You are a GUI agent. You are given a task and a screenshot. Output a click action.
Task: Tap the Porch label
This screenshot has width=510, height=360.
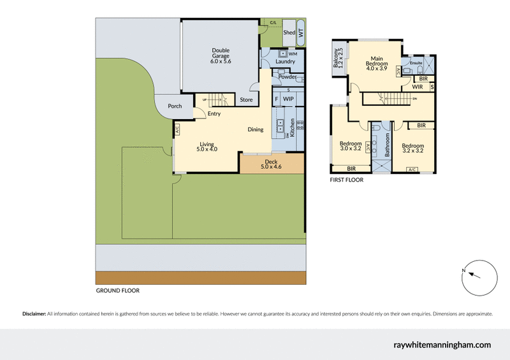click(175, 106)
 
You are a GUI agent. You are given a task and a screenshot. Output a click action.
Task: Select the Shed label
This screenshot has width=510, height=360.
click(289, 32)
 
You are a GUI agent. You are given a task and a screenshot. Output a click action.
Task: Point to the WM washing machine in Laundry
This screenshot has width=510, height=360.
click(293, 54)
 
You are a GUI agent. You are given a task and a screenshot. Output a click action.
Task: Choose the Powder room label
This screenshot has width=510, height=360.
click(288, 77)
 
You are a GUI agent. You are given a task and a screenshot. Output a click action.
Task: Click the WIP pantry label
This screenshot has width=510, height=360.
click(288, 99)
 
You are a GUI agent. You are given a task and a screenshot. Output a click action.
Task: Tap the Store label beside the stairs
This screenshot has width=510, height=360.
click(246, 99)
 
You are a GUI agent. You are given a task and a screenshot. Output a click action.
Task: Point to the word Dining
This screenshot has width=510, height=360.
click(256, 130)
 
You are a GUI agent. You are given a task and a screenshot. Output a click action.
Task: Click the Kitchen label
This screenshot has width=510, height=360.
click(293, 130)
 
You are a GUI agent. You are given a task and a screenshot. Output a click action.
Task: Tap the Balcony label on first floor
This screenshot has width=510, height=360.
click(337, 58)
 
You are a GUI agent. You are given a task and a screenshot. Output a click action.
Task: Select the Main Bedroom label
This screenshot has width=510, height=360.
click(377, 64)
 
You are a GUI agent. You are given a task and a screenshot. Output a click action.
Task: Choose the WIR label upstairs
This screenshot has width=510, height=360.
click(418, 87)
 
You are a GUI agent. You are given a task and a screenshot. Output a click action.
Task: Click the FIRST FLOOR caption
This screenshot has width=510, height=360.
click(346, 180)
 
